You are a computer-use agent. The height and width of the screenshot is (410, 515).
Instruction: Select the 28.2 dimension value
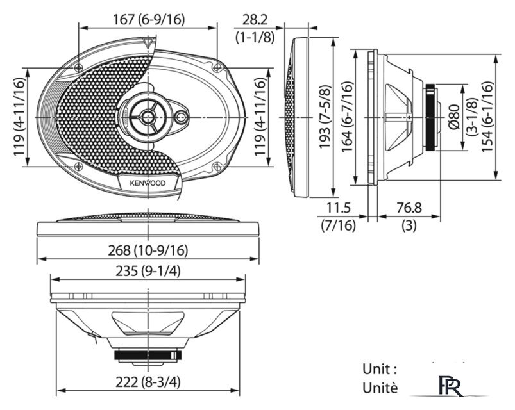pyautogui.click(x=255, y=20)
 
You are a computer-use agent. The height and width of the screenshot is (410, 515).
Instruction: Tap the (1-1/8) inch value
pyautogui.click(x=255, y=37)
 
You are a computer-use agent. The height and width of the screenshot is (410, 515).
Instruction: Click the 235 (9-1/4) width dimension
pyautogui.click(x=148, y=271)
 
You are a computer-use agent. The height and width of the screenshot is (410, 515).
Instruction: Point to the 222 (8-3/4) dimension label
pyautogui.click(x=148, y=382)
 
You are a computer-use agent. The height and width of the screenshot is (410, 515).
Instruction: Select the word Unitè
pyautogui.click(x=380, y=388)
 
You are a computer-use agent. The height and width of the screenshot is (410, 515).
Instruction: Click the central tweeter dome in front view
pyautogui.click(x=148, y=116)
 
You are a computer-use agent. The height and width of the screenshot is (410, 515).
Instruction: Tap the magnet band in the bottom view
pyautogui.click(x=148, y=354)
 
